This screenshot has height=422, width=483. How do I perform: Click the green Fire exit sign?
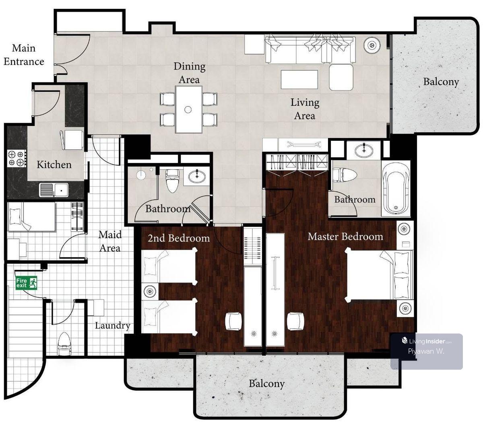[27, 283]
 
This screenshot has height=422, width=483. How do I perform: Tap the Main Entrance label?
[24, 55]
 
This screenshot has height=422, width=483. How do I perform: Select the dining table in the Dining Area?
[189, 109]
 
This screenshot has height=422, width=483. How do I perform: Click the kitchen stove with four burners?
[17, 158]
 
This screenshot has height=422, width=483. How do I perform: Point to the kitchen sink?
[54, 190]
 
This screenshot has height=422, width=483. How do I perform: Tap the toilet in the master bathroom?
[345, 175]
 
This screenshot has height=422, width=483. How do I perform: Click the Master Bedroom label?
[345, 237]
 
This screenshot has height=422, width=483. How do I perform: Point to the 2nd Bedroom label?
[179, 238]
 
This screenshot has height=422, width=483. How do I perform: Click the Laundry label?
[113, 326]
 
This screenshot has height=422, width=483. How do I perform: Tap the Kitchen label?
[54, 165]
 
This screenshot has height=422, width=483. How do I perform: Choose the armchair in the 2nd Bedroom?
[233, 321]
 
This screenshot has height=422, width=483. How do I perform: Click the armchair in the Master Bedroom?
[295, 321]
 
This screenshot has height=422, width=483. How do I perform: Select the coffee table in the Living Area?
[299, 79]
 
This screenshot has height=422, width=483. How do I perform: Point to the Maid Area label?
[110, 241]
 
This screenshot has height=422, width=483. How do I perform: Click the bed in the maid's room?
[32, 216]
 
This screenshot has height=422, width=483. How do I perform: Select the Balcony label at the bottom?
[267, 383]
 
